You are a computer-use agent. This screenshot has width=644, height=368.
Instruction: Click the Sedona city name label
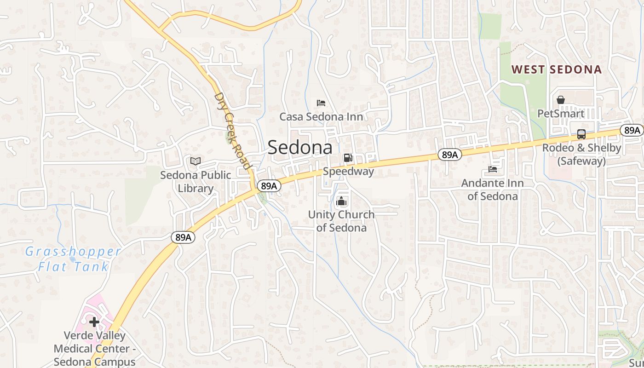pyautogui.click(x=299, y=147)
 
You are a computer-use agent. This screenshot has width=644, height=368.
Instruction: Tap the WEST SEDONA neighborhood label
pyautogui.click(x=557, y=69)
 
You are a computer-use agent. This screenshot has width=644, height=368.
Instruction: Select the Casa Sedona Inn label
pyautogui.click(x=321, y=117)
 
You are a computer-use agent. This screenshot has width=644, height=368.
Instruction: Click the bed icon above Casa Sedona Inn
pyautogui.click(x=321, y=103)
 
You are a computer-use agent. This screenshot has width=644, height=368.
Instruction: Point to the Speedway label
pyautogui.click(x=348, y=172)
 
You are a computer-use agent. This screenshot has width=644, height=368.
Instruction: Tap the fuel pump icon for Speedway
pyautogui.click(x=348, y=158)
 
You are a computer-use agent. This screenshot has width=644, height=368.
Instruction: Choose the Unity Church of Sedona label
pyautogui.click(x=341, y=221)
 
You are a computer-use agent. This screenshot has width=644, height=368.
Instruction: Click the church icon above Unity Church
pyautogui.click(x=341, y=201)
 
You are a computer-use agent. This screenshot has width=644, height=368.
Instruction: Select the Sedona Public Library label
pyautogui.click(x=195, y=182)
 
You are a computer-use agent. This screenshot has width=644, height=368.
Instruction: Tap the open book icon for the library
pyautogui.click(x=195, y=161)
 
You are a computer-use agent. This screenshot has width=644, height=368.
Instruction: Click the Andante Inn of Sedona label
pyautogui.click(x=493, y=190)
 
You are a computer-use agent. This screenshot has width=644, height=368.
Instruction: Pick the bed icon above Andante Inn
pyautogui.click(x=493, y=169)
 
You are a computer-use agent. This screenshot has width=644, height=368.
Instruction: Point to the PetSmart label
pyautogui.click(x=561, y=114)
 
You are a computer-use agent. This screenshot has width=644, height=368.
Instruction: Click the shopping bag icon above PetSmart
pyautogui.click(x=561, y=100)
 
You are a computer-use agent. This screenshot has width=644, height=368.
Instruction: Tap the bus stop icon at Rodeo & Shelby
pyautogui.click(x=581, y=134)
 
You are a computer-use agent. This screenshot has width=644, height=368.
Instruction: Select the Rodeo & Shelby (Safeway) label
pyautogui.click(x=581, y=155)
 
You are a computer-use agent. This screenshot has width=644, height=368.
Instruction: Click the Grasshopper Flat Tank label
pyautogui.click(x=73, y=259)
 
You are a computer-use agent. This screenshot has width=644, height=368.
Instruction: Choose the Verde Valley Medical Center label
pyautogui.click(x=94, y=348)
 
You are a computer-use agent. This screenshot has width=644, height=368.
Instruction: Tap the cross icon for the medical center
pyautogui.click(x=94, y=322)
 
